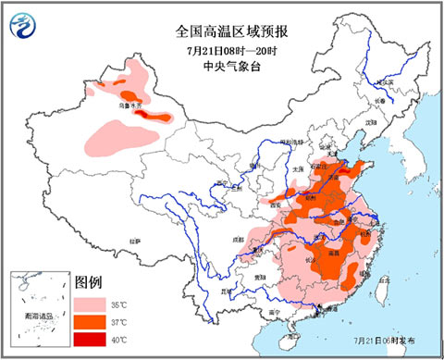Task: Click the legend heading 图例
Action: [x=89, y=281]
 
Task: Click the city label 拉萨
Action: [x=136, y=241]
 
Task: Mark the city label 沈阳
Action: [x=371, y=121]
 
